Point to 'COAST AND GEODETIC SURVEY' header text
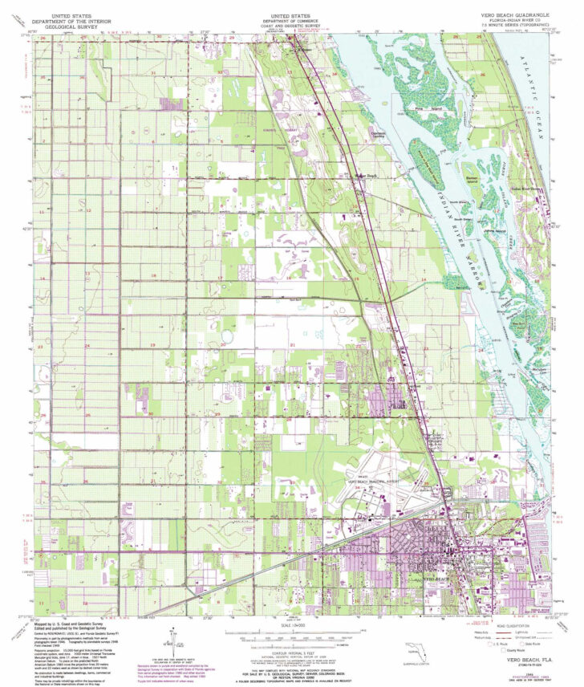click(x=291, y=25)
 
